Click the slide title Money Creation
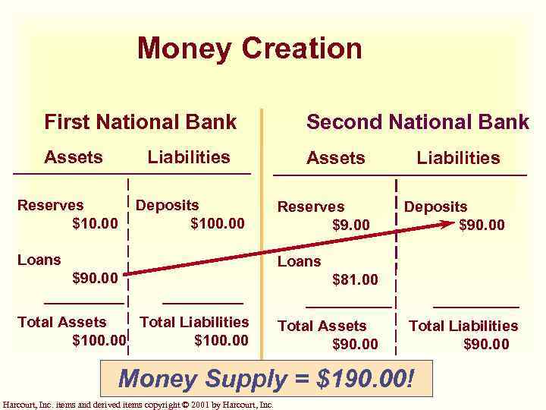coord(249,49)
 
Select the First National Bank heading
coord(140,121)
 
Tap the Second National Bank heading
coord(417,121)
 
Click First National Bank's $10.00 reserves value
coord(95,223)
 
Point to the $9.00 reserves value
coord(351,225)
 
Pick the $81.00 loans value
coord(355,279)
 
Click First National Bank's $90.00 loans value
coord(95,278)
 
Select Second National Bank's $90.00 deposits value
coord(482,225)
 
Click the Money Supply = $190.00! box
coord(266,377)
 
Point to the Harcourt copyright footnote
coord(138,405)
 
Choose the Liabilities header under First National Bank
coord(189,157)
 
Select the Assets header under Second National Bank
coord(335,158)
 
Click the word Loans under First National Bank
coord(39,260)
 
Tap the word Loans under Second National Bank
coord(299,261)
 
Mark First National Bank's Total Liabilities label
coord(194,322)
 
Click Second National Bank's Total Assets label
coord(322,326)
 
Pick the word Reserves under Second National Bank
coord(310,207)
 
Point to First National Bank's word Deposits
coord(167,205)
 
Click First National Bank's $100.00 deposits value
coord(218,223)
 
